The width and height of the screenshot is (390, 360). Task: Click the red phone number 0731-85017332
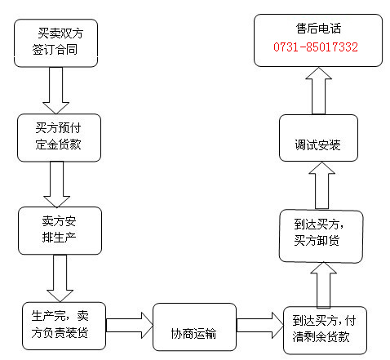coord(316,47)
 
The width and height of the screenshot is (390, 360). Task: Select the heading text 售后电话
coord(318,29)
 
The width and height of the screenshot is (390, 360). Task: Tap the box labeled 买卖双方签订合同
coord(55,43)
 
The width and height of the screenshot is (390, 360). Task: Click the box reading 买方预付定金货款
coord(59,138)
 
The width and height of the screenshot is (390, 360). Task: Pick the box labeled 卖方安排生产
coord(60,231)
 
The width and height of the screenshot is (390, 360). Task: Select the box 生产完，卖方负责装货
coord(64,326)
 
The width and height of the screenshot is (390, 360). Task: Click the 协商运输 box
coord(194,327)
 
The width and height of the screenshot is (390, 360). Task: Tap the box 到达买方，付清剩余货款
coord(325,331)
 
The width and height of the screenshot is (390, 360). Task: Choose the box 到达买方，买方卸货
coord(321,237)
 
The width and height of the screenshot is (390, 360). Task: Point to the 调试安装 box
coord(318,138)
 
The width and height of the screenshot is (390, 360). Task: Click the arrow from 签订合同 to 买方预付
coord(55,91)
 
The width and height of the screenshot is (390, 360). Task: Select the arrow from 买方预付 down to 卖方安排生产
coord(57,184)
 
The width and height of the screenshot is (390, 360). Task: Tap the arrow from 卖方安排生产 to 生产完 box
coord(60,278)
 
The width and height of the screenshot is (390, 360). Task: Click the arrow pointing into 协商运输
coord(130,326)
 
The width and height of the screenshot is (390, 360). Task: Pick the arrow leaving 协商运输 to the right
coord(259,326)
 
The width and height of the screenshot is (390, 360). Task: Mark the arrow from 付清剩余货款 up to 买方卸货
coord(324,285)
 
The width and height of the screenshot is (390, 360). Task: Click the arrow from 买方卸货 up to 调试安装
coord(322,186)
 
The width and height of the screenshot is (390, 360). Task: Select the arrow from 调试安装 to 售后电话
coord(319,91)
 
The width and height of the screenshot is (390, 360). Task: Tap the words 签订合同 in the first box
coord(55,50)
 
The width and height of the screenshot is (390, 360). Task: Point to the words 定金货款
coord(58,144)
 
